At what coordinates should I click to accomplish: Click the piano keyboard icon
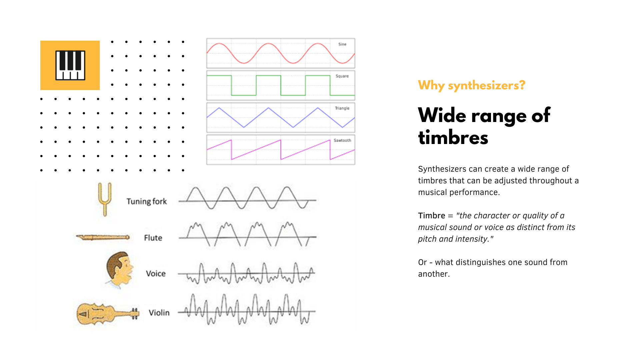point(70,65)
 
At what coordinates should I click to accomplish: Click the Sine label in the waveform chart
point(342,44)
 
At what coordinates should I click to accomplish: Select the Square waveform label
point(342,76)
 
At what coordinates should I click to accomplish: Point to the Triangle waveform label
point(342,108)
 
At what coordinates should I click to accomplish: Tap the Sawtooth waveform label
point(342,140)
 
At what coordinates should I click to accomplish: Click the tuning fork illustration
point(105,199)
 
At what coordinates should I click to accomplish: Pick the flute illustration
point(103,237)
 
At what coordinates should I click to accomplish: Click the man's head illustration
point(119,269)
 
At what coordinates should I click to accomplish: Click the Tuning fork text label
point(147,201)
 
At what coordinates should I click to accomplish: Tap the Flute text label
point(153,238)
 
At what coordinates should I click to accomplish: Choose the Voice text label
point(156,273)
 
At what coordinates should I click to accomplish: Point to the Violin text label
point(159,313)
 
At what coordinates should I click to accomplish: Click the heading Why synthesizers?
point(471,85)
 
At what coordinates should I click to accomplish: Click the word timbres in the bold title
point(453,138)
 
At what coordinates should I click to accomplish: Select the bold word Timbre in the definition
point(431,216)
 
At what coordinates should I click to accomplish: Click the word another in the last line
point(433,274)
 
